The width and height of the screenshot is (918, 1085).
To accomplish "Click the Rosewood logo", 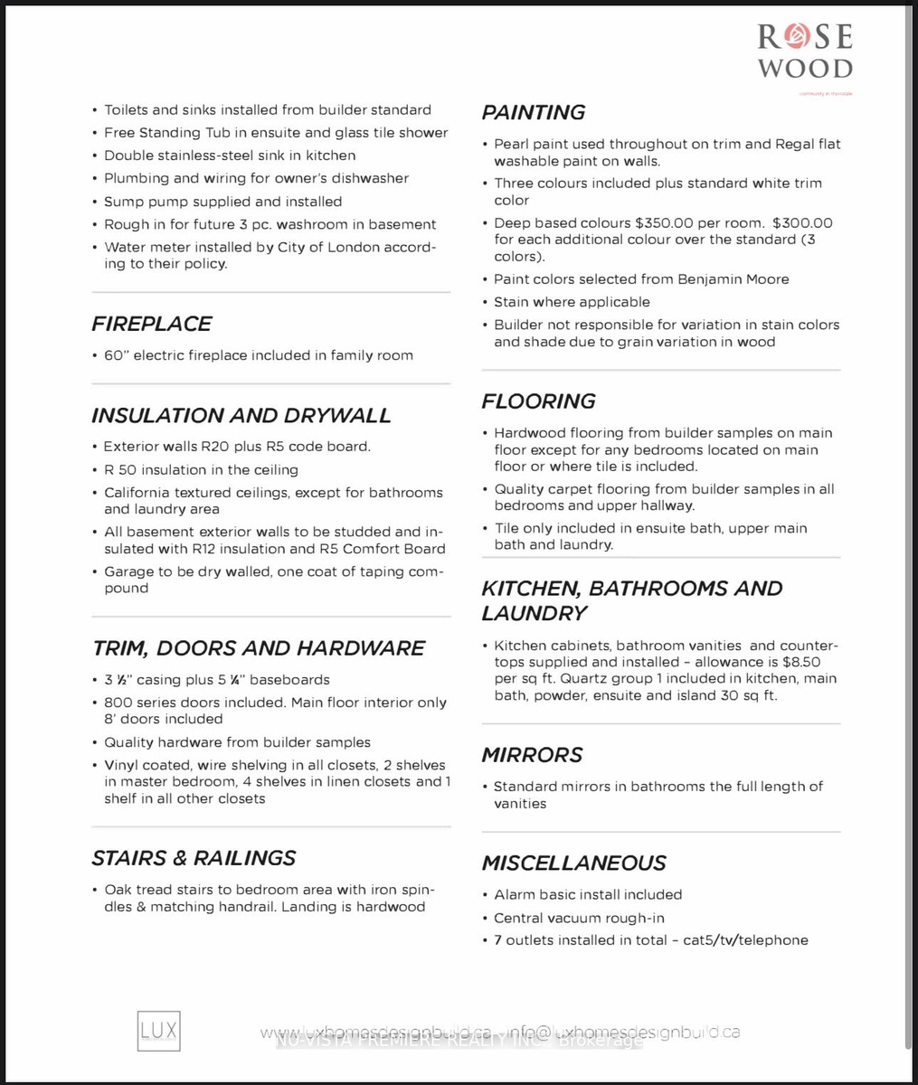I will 804,52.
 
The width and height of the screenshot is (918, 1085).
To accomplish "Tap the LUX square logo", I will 158,1031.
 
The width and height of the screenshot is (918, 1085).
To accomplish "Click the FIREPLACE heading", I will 151,324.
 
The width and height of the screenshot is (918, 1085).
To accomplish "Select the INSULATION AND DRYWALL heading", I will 241,415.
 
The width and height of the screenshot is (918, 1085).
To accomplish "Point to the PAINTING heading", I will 533,112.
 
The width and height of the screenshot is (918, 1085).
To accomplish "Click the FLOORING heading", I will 538,401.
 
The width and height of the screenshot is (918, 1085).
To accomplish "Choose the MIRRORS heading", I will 532,754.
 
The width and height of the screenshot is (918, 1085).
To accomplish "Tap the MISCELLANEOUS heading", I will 573,863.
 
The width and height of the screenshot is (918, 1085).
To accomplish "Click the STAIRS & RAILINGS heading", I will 194,857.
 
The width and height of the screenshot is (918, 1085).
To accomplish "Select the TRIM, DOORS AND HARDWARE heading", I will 258,647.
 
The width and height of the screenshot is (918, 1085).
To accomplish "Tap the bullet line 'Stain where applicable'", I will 572,302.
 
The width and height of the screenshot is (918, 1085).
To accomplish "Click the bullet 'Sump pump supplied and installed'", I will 222,202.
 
